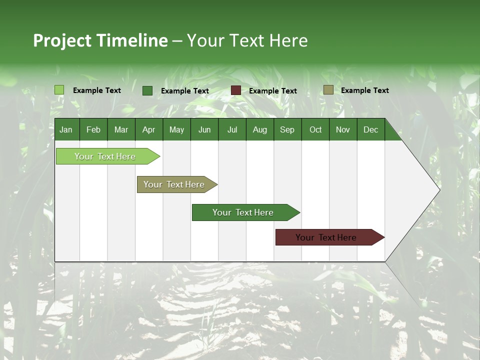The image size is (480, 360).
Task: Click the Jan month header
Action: (66, 129)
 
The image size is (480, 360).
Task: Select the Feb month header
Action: (93, 129)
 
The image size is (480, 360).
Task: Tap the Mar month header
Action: (121, 129)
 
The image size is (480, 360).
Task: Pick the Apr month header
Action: (149, 129)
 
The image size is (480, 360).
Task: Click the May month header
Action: (176, 129)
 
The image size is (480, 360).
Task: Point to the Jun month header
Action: (204, 129)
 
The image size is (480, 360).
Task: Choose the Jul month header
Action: (232, 129)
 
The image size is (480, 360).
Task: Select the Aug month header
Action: (260, 129)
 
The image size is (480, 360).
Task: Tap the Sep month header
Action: (287, 129)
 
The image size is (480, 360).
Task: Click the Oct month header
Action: (315, 129)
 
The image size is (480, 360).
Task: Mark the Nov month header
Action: (343, 129)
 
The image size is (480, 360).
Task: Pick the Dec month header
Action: (371, 129)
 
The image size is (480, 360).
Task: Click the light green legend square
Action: (59, 90)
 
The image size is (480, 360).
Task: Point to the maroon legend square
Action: (236, 90)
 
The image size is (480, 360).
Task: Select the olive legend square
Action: (328, 90)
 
